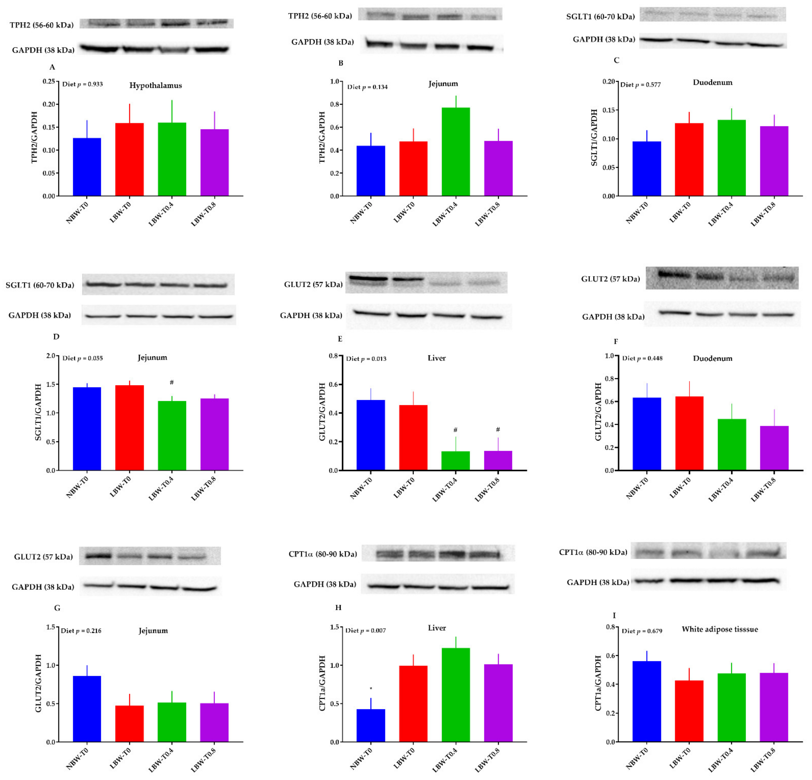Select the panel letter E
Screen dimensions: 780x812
(340, 339)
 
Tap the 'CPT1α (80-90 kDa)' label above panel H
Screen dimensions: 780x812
(323, 554)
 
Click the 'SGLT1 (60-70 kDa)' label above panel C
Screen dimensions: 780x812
(600, 17)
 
